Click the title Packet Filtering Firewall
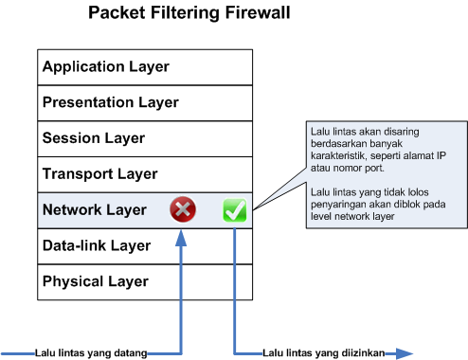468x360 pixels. [x=189, y=14]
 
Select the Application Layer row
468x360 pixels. [x=145, y=67]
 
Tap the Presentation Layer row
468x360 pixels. [x=145, y=102]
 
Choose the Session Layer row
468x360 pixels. [x=145, y=138]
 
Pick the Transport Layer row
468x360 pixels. [x=145, y=174]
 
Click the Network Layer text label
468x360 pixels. [x=95, y=210]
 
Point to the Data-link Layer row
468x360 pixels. [x=145, y=246]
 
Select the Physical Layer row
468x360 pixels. [x=145, y=281]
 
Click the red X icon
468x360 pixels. [x=183, y=210]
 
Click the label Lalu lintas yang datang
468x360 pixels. [x=91, y=353]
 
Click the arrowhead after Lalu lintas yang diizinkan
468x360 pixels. [x=405, y=353]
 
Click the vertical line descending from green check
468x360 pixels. [x=233, y=284]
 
